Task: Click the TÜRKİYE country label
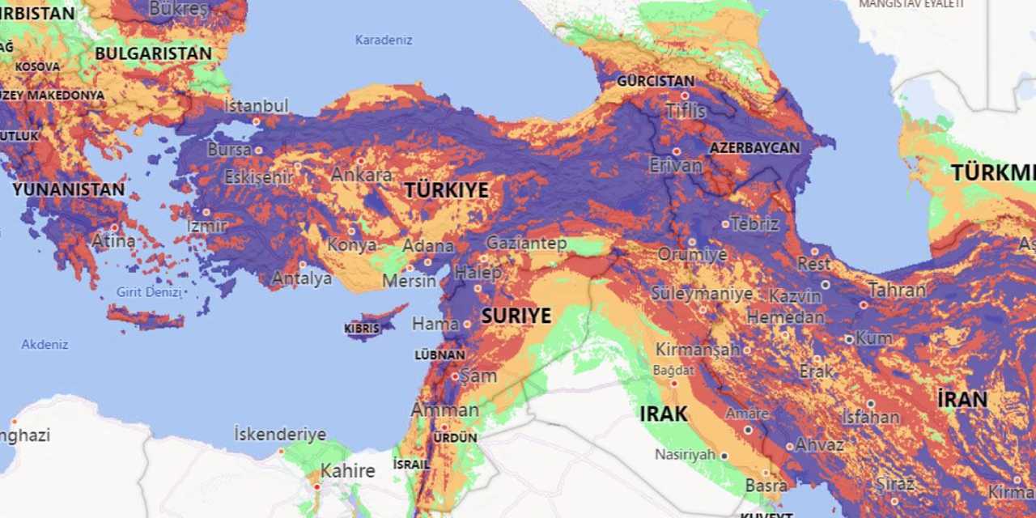click(x=446, y=190)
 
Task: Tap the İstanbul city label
click(x=256, y=106)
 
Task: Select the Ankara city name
click(x=361, y=174)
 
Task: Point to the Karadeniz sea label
click(x=384, y=40)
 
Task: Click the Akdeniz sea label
click(x=45, y=344)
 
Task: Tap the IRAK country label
click(x=663, y=414)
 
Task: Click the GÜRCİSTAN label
click(x=656, y=81)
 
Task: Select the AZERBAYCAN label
click(x=754, y=148)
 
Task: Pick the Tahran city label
click(x=897, y=290)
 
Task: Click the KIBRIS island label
click(x=361, y=329)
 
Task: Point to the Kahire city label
click(x=347, y=470)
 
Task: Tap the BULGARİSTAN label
click(x=153, y=53)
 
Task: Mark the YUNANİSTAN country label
click(x=69, y=189)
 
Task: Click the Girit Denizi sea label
click(x=149, y=292)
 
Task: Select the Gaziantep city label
click(x=526, y=243)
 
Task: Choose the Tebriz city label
click(x=755, y=223)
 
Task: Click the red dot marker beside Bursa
click(x=259, y=150)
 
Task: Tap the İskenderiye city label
click(x=280, y=434)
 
